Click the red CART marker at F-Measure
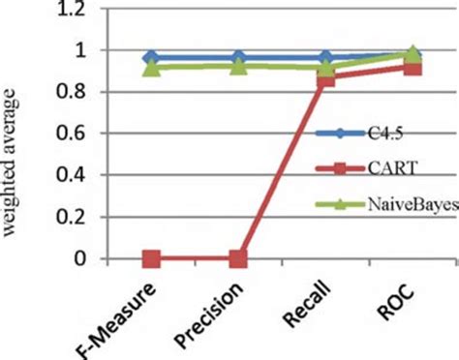152,258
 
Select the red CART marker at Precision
238,258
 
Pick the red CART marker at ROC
412,67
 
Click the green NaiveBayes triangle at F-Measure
152,67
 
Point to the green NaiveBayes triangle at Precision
238,66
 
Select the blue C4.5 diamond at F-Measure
152,58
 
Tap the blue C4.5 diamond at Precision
238,58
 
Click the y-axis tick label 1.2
86,9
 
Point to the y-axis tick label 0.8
86,92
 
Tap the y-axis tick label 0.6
86,134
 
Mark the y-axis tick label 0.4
86,175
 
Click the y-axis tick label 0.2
86,217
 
